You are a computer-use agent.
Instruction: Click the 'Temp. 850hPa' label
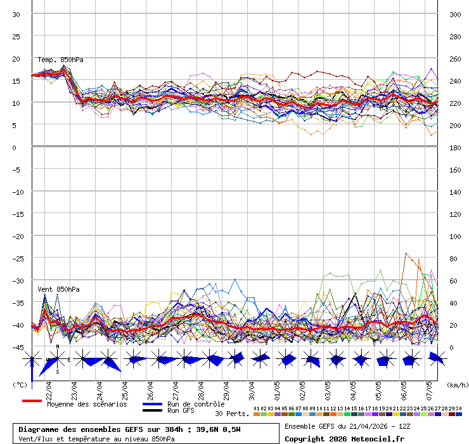click(60, 60)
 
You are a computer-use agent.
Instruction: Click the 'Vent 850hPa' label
click(58, 290)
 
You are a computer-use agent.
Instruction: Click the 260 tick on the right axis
click(455, 58)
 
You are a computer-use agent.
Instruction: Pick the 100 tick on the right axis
click(455, 236)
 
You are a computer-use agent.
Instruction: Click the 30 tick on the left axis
click(16, 14)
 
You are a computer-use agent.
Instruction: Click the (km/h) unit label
click(456, 384)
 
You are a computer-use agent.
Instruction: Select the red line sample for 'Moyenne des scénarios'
click(32, 401)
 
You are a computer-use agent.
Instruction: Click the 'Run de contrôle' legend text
click(196, 404)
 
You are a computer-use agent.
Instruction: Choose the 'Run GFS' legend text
click(181, 411)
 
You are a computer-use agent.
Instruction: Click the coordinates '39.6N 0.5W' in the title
click(219, 429)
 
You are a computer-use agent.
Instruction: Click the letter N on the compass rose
click(58, 347)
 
